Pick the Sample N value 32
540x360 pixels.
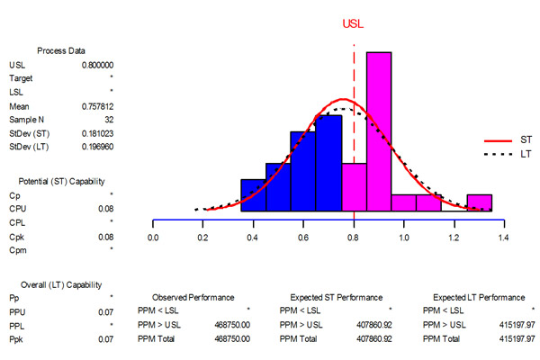[x=108, y=118]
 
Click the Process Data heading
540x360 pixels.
[x=61, y=50]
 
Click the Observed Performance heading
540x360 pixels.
[x=194, y=297]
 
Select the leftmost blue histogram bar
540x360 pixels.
[x=254, y=193]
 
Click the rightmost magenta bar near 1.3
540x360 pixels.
[x=480, y=202]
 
